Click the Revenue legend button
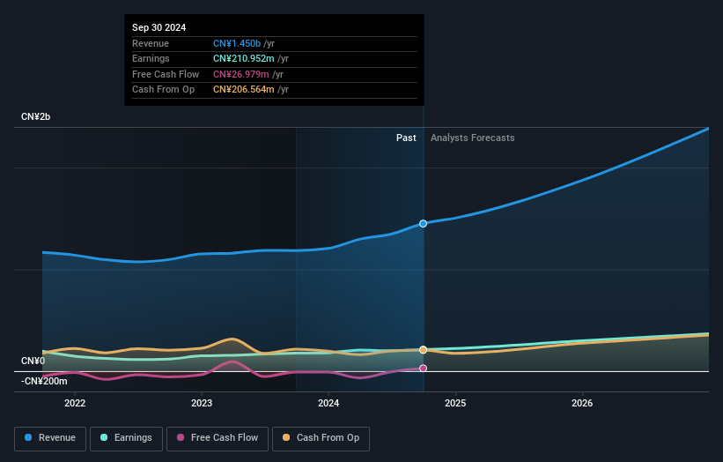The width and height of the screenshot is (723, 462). (50, 438)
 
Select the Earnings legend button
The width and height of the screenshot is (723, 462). (126, 438)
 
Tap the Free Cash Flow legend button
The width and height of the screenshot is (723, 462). (217, 438)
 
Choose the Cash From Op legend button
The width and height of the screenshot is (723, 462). (321, 438)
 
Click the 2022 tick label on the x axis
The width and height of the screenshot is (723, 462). (75, 404)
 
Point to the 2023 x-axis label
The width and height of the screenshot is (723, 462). (202, 404)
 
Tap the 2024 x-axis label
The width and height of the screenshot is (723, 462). (328, 404)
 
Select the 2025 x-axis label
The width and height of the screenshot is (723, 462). (455, 404)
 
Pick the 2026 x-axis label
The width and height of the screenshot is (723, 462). (582, 404)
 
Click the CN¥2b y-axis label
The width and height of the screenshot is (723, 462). (36, 117)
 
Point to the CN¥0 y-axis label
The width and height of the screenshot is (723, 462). (33, 361)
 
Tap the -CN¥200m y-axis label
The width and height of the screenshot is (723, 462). (43, 381)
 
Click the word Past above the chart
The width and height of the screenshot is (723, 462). (406, 138)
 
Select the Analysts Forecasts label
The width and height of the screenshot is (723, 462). (472, 138)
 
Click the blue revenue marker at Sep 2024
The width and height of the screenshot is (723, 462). (424, 224)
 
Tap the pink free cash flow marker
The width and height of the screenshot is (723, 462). (424, 369)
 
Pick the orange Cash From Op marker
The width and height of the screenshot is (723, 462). (424, 350)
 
